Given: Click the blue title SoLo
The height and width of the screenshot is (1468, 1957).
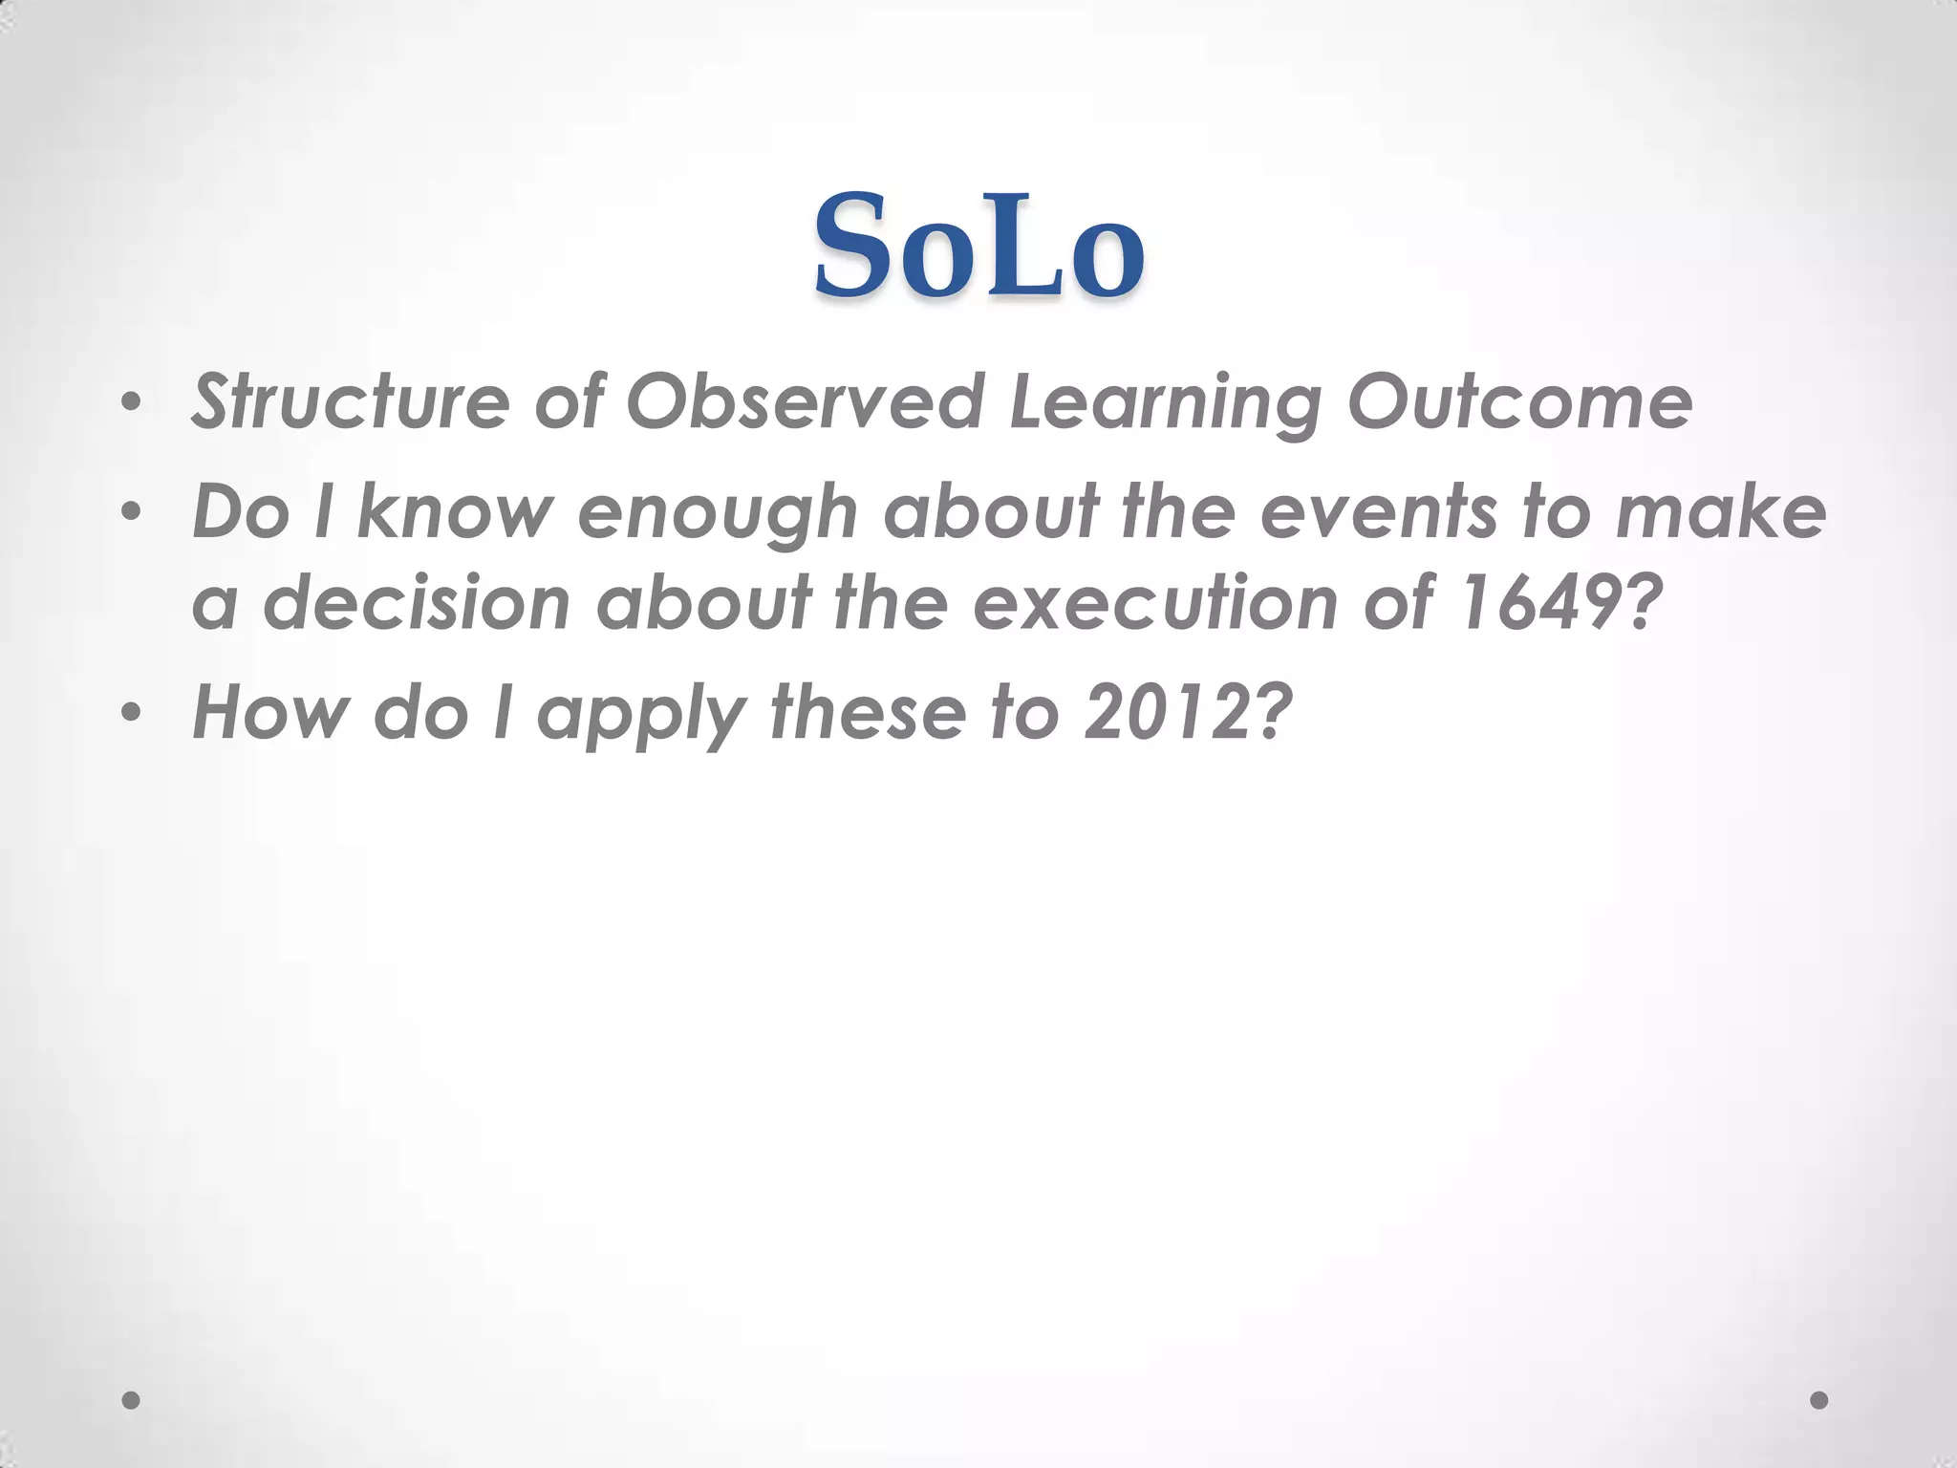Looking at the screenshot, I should [978, 247].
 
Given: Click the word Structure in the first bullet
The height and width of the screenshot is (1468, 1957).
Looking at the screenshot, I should [350, 402].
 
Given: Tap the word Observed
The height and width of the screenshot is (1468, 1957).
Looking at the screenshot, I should [805, 402].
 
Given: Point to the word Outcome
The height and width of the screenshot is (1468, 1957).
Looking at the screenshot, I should [1519, 402].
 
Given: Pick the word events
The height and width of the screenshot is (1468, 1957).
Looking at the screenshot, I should [1378, 511].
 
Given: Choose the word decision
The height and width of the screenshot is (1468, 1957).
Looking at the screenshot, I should [417, 603].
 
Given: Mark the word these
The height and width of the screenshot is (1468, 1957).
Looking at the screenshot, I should [868, 711].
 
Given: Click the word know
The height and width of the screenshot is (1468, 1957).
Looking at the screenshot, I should [456, 511].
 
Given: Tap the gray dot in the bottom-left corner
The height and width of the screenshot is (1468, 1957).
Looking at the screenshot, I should [132, 1400].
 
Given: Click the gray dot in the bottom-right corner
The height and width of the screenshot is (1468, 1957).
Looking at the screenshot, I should [1819, 1400].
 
